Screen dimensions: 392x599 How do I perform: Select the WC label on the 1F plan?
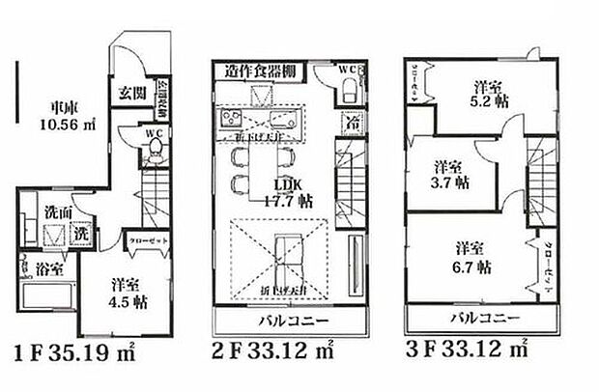click(x=153, y=134)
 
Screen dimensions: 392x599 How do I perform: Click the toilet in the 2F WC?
click(x=349, y=92)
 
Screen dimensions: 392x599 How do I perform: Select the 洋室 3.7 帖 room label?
click(x=450, y=172)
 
